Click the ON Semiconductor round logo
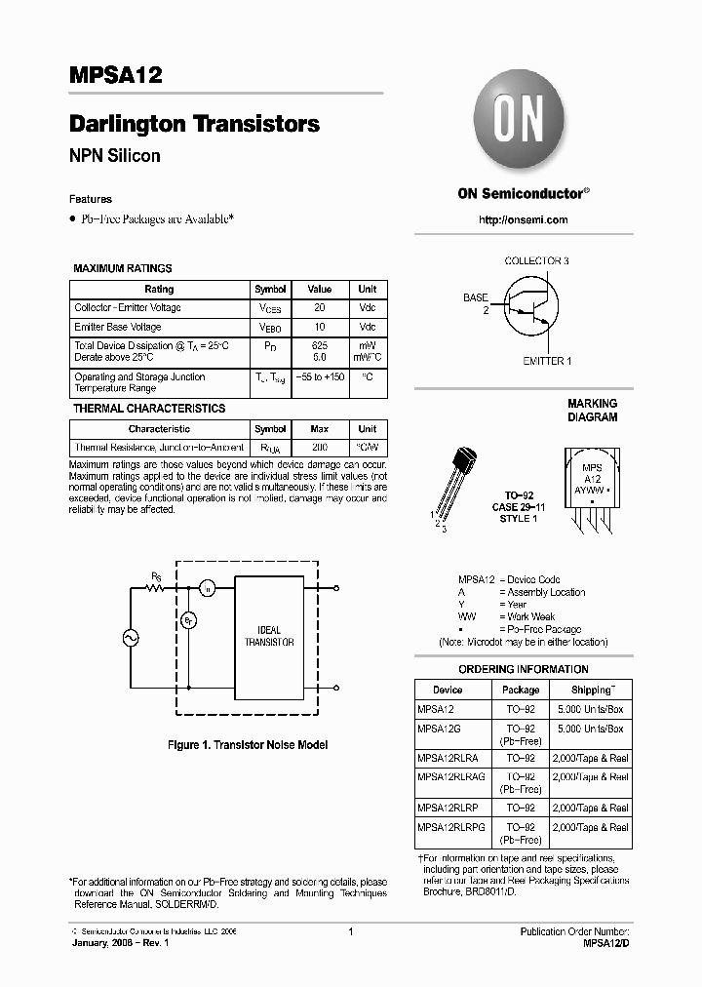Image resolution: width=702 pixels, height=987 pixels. click(x=523, y=121)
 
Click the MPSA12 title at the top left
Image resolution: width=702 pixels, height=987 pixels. click(x=115, y=76)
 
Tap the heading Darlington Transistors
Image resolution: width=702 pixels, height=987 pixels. click(x=194, y=125)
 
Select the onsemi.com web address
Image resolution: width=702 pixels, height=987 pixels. click(x=523, y=220)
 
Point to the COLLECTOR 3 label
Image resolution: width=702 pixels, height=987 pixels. click(x=536, y=261)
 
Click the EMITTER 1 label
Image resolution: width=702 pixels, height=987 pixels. click(x=547, y=361)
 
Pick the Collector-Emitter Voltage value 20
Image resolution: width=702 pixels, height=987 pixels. click(x=320, y=308)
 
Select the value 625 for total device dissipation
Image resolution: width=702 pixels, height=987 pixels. click(x=320, y=346)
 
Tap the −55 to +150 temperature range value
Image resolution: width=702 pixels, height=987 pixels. click(x=320, y=376)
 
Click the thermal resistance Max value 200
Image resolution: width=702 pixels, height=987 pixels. click(x=319, y=447)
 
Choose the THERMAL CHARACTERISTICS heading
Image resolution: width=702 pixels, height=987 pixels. click(x=149, y=409)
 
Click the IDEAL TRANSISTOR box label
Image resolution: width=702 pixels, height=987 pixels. click(x=269, y=637)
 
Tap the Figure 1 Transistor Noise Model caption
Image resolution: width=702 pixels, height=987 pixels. click(x=248, y=745)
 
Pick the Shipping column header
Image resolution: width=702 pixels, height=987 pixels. click(x=592, y=690)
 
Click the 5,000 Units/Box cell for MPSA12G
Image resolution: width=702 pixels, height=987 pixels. click(x=591, y=729)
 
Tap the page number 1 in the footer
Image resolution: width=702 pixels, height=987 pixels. click(x=350, y=932)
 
